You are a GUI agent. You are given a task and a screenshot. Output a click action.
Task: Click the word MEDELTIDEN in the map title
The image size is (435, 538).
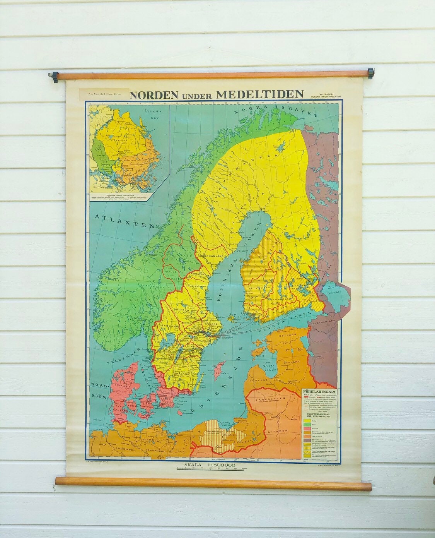coord(260,94)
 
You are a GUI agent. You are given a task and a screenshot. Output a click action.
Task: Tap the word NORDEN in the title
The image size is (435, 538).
coord(154,94)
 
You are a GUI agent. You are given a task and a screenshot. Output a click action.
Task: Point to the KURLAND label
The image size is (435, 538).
coord(259,380)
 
